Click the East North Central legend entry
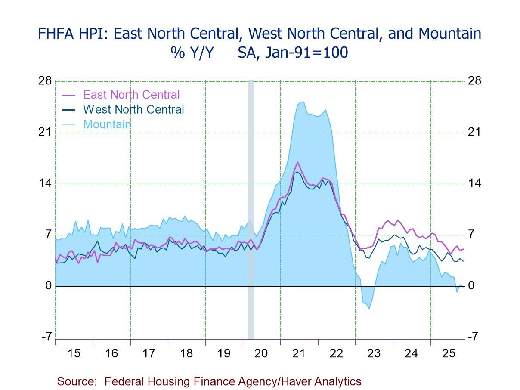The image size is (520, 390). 131,95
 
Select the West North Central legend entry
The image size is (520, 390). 133,110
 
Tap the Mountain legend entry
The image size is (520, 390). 107,124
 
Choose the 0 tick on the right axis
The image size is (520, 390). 471,286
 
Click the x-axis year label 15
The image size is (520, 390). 74,353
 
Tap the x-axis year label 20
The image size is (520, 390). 261,353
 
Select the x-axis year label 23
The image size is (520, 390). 374,353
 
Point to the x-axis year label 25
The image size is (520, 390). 449,353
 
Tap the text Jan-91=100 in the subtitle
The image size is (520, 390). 292,53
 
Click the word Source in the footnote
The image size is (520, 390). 76,381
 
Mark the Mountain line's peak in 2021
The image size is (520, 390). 303,102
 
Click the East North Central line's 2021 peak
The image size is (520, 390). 297,162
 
